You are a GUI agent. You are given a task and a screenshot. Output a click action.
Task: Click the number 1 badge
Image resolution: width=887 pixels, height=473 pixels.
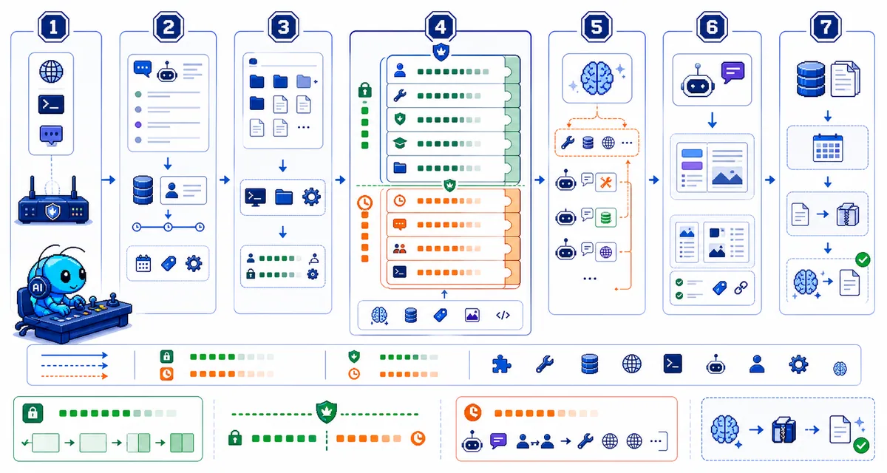click(x=53, y=27)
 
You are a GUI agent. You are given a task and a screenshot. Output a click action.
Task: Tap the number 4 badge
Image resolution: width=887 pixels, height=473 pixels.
click(x=441, y=27)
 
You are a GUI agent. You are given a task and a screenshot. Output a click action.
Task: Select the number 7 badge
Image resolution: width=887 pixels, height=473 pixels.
click(x=826, y=27)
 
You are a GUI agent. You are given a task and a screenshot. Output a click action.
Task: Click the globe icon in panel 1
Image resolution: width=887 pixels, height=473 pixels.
click(x=51, y=72)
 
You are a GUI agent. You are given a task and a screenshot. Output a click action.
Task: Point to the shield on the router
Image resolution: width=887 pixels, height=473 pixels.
click(x=52, y=211)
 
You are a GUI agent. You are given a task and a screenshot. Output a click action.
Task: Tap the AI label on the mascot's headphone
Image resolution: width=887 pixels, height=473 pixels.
click(x=38, y=287)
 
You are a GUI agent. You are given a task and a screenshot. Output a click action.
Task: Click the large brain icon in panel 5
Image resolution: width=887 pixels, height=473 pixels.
click(x=597, y=78)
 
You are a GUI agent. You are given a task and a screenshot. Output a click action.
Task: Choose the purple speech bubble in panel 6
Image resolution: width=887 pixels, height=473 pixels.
click(x=733, y=72)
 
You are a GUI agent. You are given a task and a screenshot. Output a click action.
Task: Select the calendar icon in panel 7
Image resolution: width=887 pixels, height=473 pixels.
click(x=828, y=148)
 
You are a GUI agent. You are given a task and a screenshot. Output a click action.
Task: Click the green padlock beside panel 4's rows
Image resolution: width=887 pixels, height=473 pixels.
click(x=364, y=90)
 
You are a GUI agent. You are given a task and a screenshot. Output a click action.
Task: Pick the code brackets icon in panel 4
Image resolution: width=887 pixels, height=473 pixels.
click(x=503, y=315)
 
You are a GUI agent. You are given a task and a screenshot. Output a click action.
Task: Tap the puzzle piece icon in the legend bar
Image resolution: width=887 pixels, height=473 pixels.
click(x=501, y=364)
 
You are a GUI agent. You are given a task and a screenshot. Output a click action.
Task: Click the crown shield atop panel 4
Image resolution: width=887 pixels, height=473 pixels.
click(x=441, y=52)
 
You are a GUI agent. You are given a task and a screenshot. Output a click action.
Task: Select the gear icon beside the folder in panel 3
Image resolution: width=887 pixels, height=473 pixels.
click(x=311, y=197)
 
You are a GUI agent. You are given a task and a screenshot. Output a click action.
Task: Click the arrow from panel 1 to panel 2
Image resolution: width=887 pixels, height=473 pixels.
click(x=108, y=180)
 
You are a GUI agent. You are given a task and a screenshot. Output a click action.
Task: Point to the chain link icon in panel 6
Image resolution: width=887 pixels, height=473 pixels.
click(x=741, y=287)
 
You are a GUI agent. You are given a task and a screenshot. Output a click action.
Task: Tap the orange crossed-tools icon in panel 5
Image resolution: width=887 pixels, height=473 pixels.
click(x=606, y=183)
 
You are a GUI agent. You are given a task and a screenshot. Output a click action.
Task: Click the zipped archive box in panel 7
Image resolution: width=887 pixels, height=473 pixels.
click(x=847, y=214)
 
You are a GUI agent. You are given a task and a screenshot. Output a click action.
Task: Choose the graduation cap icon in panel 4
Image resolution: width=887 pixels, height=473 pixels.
click(x=400, y=143)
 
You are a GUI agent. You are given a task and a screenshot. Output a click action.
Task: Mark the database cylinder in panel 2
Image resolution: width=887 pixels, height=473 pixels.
click(x=143, y=190)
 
